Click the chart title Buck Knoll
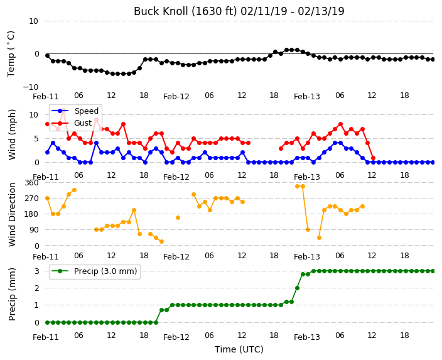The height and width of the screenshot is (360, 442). click(x=239, y=11)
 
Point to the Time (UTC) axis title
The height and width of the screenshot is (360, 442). click(x=239, y=349)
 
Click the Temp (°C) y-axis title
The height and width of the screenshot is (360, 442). click(x=11, y=54)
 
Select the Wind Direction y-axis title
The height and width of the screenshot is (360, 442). click(x=12, y=214)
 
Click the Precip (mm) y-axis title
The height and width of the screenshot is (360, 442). click(x=12, y=294)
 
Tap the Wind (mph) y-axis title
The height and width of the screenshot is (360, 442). click(x=12, y=135)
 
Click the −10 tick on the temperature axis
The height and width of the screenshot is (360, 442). click(x=30, y=87)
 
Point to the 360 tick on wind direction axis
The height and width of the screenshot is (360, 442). click(x=31, y=183)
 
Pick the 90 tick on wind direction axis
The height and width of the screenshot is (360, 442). click(x=34, y=230)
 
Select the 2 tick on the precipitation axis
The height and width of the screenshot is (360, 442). click(x=36, y=288)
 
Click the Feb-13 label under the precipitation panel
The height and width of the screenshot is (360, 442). click(x=306, y=337)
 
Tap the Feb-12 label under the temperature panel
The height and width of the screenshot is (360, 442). click(x=176, y=97)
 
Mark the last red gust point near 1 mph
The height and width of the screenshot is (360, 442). click(x=373, y=158)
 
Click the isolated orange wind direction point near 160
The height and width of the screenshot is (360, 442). click(x=178, y=217)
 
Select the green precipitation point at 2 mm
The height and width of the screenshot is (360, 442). click(x=297, y=288)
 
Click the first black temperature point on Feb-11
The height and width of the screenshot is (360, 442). click(x=47, y=55)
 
